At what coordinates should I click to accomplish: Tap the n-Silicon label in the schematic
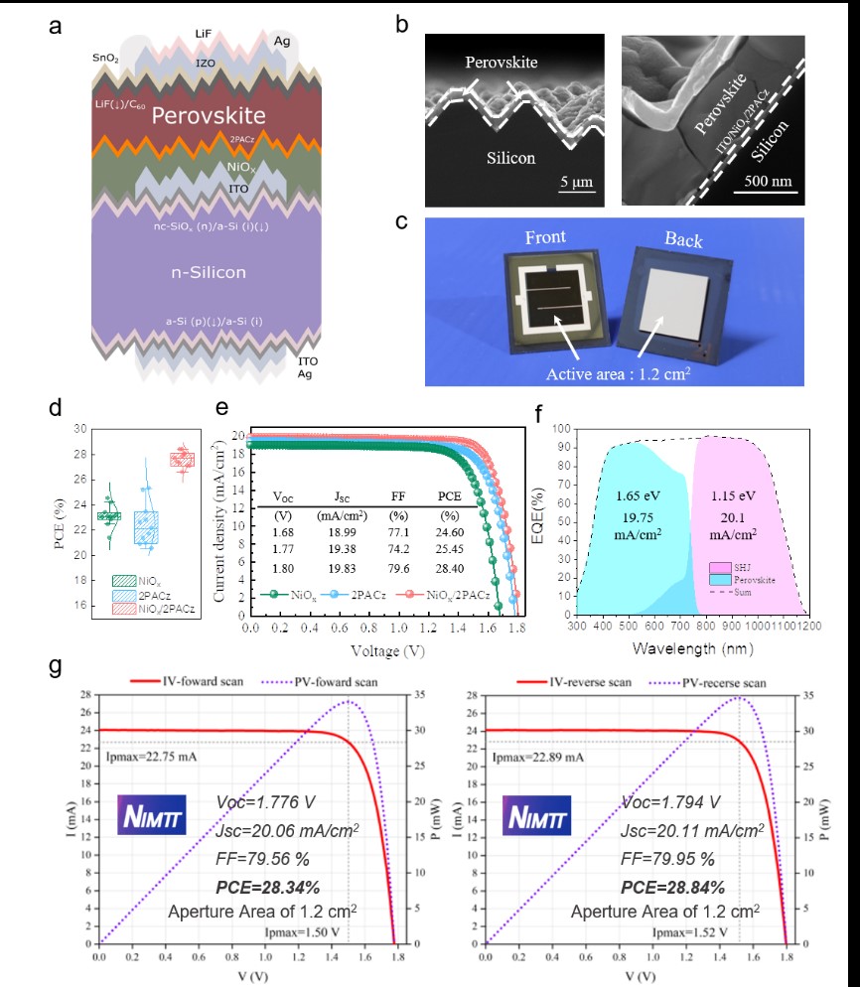click(206, 272)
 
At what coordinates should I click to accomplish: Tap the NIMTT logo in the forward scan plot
click(152, 814)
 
